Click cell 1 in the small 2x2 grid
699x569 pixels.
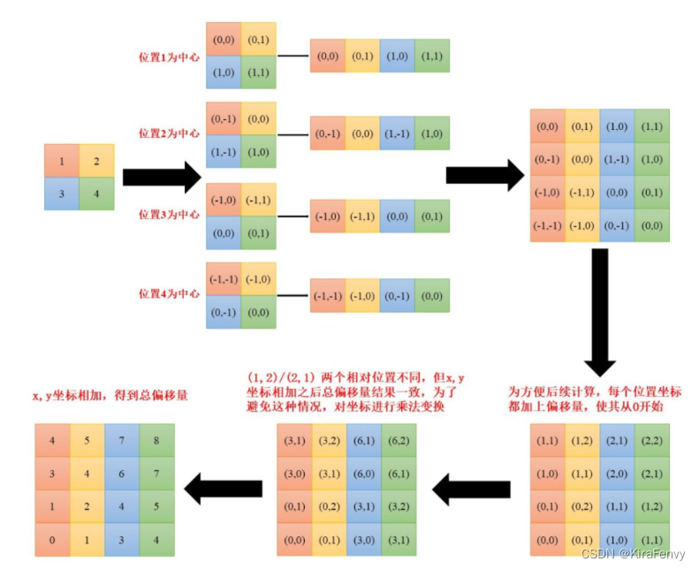click(62, 162)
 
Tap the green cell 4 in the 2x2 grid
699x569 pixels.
click(96, 193)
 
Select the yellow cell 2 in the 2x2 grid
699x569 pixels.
click(96, 162)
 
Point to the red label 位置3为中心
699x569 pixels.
click(169, 215)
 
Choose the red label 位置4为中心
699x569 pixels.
click(169, 293)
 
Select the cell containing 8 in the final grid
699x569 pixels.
click(157, 439)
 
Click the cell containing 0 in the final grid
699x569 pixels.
click(52, 539)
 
